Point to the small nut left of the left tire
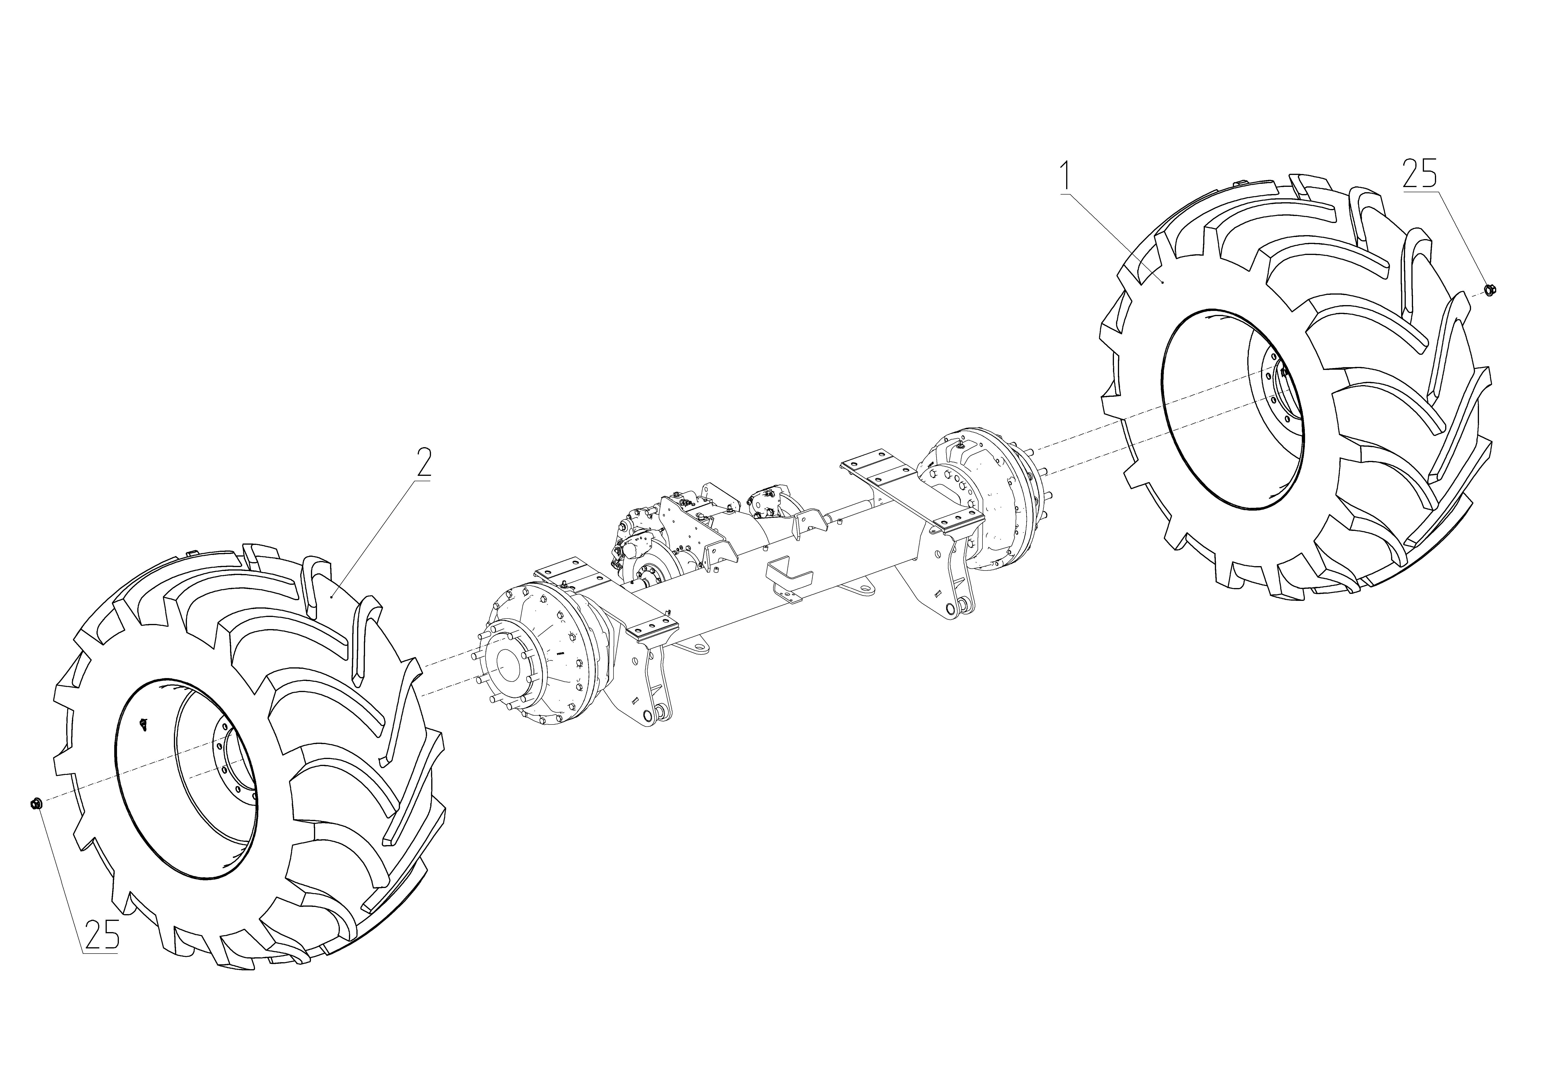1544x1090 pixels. coord(36,803)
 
